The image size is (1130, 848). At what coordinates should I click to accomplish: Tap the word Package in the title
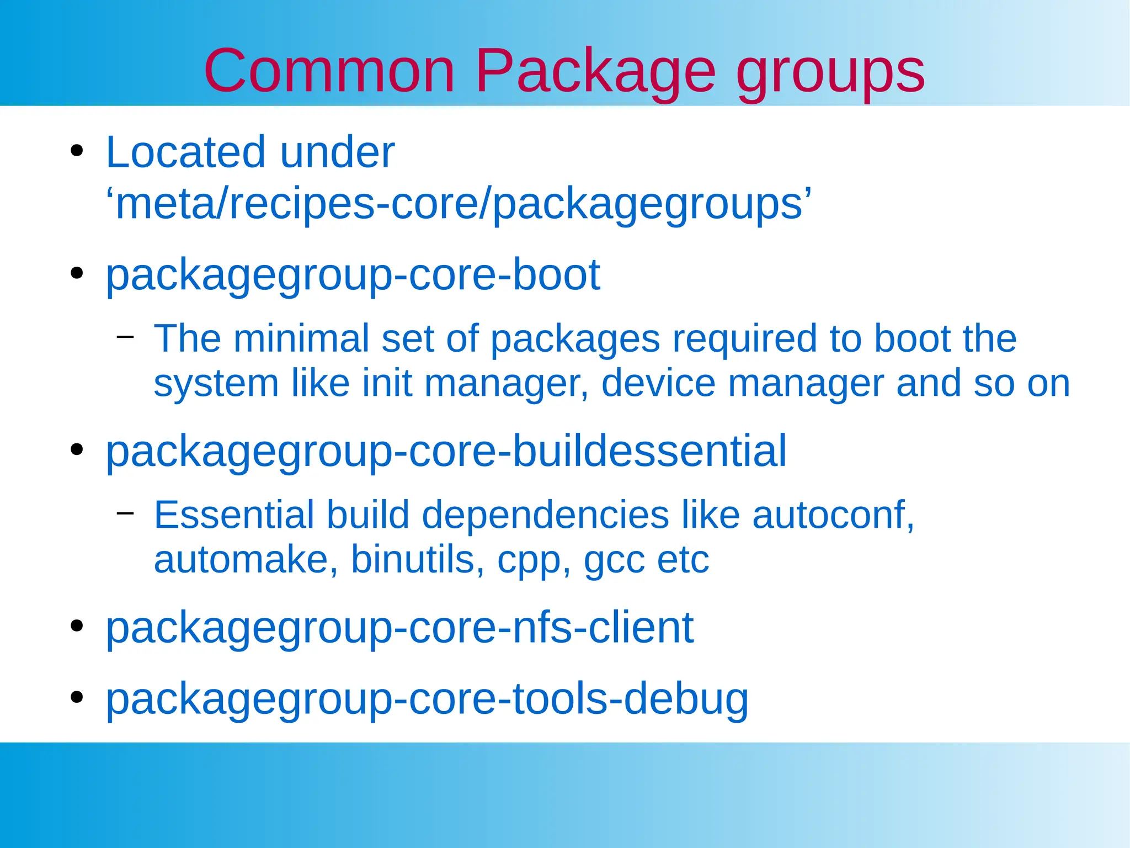click(x=595, y=72)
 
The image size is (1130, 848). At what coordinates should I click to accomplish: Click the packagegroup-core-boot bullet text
click(x=353, y=275)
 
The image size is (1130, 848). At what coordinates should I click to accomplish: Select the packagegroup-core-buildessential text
click(x=446, y=452)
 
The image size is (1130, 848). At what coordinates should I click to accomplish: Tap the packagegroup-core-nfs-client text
click(x=399, y=628)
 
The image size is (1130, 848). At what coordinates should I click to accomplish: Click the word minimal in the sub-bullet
click(x=301, y=338)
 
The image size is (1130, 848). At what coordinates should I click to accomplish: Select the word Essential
click(x=234, y=515)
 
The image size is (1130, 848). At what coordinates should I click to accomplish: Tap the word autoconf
click(x=833, y=515)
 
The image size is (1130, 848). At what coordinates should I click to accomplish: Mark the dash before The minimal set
click(x=125, y=336)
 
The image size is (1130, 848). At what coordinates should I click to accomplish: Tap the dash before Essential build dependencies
click(x=125, y=513)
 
